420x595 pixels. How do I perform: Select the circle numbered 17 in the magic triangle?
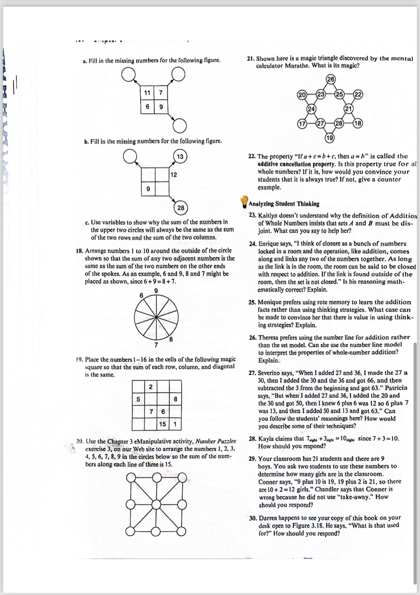click(302, 124)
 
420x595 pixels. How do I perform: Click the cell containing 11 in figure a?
click(147, 93)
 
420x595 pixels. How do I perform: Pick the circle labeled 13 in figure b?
click(180, 156)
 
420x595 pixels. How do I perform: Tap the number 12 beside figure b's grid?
click(173, 175)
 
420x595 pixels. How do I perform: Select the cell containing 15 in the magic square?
click(163, 424)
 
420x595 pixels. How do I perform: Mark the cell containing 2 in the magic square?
click(151, 387)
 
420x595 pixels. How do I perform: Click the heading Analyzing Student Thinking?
click(284, 204)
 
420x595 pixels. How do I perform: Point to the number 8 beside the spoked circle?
click(171, 339)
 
